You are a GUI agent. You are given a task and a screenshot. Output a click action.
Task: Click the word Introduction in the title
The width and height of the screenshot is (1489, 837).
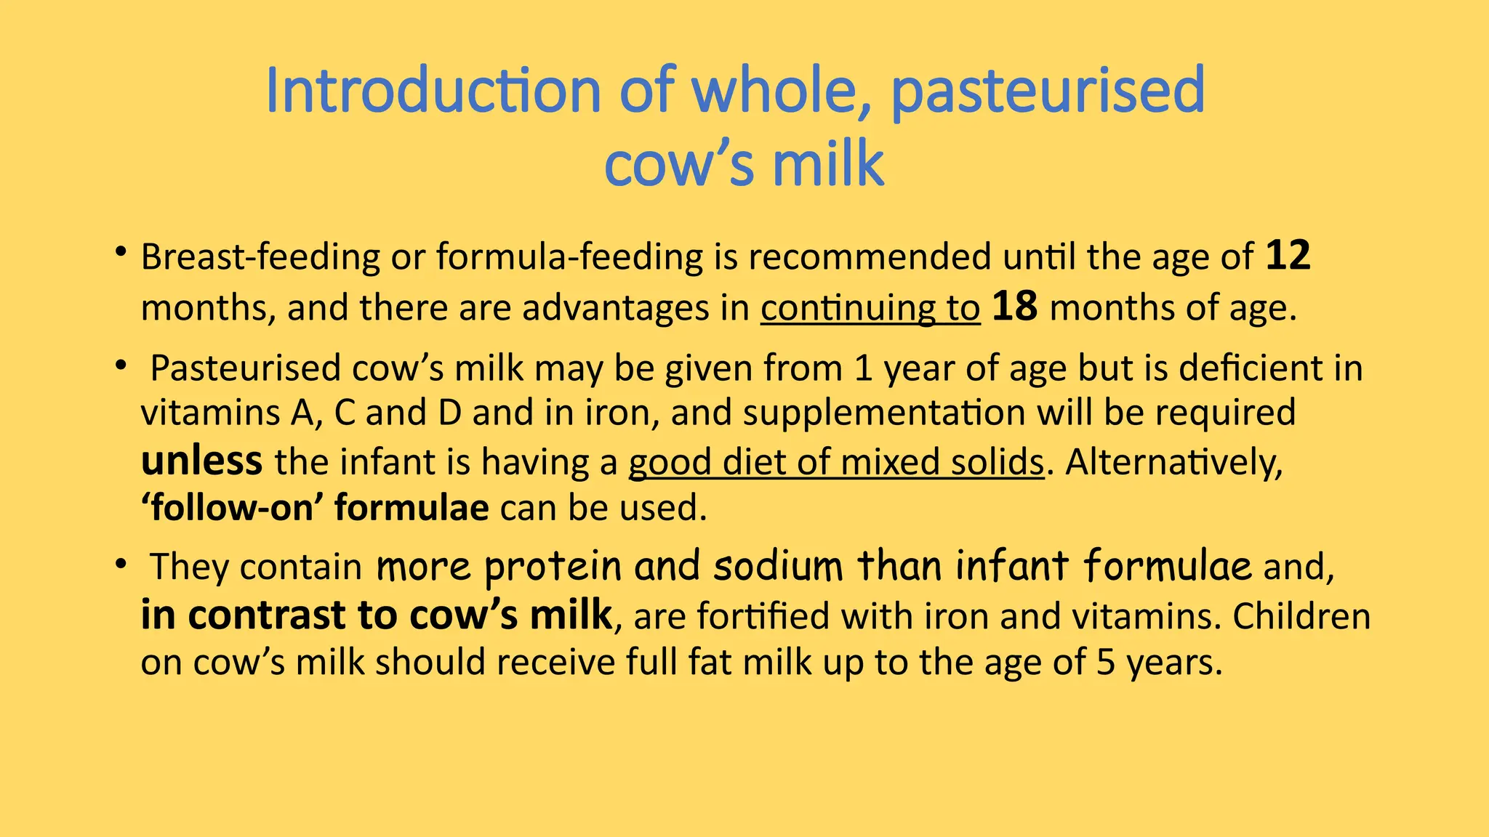433,90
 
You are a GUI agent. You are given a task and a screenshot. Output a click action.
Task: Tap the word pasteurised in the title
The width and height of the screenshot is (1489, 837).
1048,90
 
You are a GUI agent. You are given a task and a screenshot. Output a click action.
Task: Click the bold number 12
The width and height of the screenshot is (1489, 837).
1288,256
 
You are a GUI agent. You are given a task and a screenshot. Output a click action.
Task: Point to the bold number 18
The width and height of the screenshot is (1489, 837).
1014,307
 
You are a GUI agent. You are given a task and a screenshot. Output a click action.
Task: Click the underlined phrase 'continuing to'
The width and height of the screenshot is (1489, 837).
870,308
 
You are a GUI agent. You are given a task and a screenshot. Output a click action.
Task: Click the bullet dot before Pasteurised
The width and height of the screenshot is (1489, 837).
121,365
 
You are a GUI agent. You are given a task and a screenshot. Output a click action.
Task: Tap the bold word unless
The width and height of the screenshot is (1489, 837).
201,461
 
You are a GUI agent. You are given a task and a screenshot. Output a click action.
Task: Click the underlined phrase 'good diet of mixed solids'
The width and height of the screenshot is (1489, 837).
836,462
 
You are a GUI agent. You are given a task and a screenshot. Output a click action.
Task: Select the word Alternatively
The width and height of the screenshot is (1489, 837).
1173,462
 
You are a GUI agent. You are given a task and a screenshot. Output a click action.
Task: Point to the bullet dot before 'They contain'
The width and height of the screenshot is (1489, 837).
121,564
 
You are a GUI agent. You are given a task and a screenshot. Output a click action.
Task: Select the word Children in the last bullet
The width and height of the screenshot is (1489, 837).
1301,616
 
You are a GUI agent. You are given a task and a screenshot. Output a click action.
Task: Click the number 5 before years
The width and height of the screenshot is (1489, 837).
1105,663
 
